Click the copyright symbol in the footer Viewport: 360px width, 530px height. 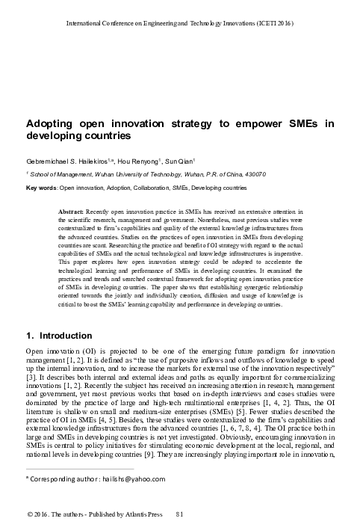(29, 516)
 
